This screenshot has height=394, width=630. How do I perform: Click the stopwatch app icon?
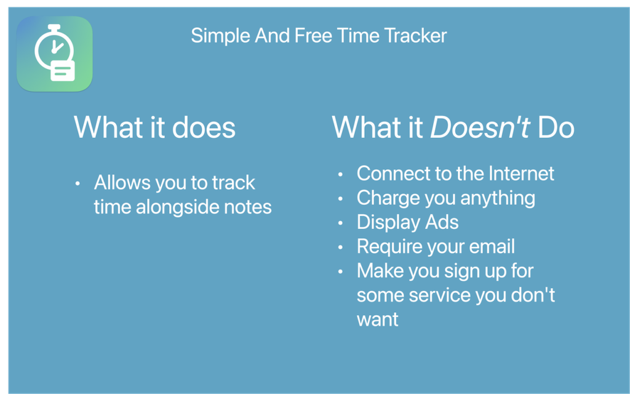[55, 54]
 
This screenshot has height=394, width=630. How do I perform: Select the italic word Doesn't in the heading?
[480, 127]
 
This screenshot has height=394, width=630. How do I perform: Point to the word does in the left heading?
[204, 127]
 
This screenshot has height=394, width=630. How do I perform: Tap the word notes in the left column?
[248, 207]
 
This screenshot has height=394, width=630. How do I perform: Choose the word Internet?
[522, 174]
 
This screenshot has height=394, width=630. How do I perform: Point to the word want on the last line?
[378, 320]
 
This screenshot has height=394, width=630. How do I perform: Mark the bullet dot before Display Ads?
[340, 223]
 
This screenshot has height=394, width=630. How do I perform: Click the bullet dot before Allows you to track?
[78, 183]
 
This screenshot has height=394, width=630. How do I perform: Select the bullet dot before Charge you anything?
[340, 199]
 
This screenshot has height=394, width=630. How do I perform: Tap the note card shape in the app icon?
[63, 71]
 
